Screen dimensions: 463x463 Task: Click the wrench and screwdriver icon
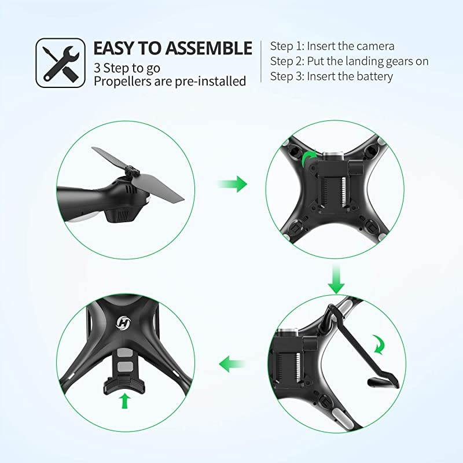click(61, 63)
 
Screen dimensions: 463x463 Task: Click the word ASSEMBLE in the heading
click(208, 48)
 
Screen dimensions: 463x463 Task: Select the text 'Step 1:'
click(287, 46)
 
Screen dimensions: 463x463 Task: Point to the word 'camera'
click(374, 46)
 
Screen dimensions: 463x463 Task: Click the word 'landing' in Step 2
click(364, 61)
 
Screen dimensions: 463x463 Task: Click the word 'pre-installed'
click(211, 81)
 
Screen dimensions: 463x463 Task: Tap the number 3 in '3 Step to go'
click(97, 68)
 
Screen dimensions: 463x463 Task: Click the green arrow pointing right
click(233, 184)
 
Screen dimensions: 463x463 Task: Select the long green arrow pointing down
click(336, 280)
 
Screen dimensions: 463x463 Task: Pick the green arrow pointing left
click(233, 365)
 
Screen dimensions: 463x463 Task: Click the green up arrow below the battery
click(126, 400)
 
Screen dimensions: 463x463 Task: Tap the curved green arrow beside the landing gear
click(379, 344)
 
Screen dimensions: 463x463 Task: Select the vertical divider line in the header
click(261, 61)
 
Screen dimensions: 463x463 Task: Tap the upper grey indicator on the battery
click(124, 352)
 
